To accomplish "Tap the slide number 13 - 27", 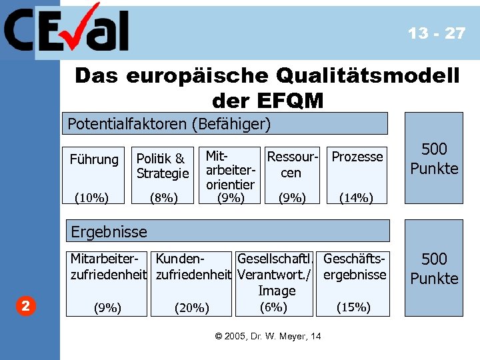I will (x=437, y=33).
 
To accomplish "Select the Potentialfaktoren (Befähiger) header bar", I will (x=227, y=123).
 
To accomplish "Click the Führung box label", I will (x=94, y=159).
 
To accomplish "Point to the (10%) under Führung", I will (x=92, y=197).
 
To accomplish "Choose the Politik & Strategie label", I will (x=163, y=166).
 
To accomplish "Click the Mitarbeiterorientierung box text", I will (x=230, y=170).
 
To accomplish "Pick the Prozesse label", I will (x=357, y=157).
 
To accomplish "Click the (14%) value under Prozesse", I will (x=356, y=197).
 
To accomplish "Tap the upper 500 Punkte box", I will (x=434, y=158).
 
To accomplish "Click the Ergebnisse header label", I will (x=109, y=232).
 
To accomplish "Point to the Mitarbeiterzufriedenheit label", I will (x=109, y=266).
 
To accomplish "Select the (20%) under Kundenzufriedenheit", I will (x=192, y=307).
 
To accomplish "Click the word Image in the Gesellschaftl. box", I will (x=277, y=291).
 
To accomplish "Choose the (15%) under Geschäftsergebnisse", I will (x=353, y=307).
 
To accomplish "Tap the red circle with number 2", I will (x=25, y=306).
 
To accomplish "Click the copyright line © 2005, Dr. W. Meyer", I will (x=268, y=336).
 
